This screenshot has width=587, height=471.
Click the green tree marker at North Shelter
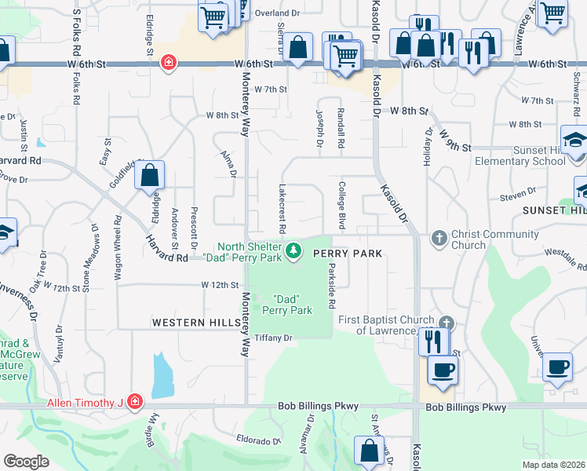[x=293, y=251]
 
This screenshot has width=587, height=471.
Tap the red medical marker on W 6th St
[x=168, y=63]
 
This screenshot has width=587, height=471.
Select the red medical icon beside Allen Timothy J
[x=135, y=403]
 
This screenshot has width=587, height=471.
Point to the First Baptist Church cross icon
[x=447, y=323]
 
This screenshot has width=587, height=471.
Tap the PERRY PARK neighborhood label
[x=348, y=254]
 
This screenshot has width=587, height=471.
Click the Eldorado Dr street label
[x=258, y=441]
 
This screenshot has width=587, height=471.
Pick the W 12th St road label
[x=218, y=284]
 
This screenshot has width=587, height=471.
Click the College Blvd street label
[x=342, y=207]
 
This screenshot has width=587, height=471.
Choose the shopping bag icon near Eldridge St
[x=150, y=176]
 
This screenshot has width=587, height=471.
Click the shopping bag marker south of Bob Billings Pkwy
[x=369, y=452]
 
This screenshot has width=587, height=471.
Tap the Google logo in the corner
[x=26, y=462]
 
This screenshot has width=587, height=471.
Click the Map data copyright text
[x=552, y=465]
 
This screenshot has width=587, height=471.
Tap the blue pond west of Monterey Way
[x=161, y=375]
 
